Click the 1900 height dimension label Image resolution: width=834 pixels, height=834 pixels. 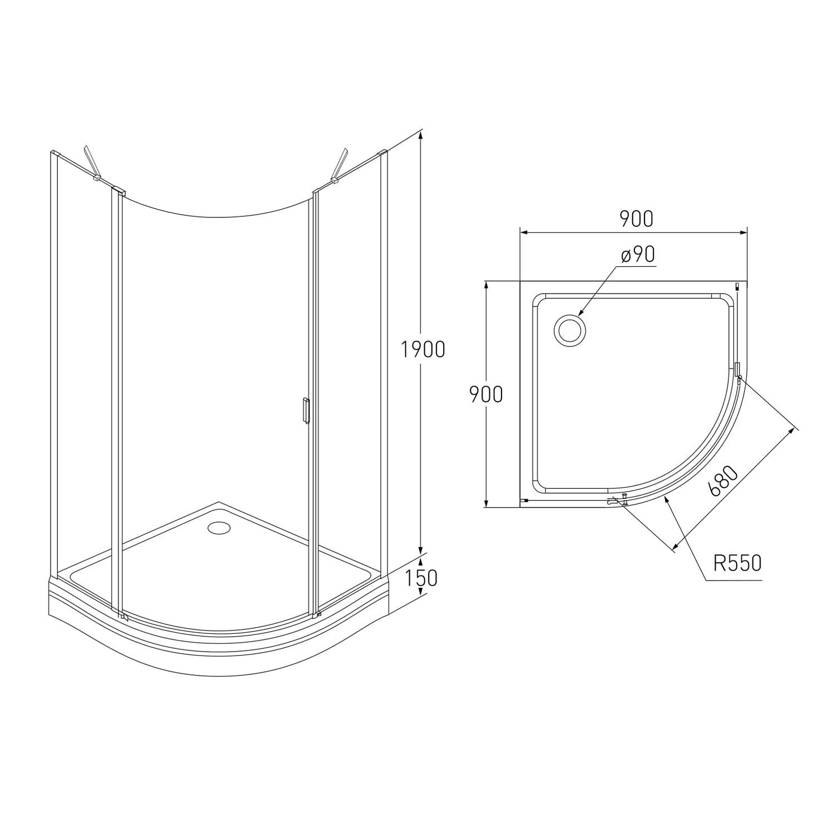click(x=423, y=349)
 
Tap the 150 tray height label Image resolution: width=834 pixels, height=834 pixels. click(x=421, y=578)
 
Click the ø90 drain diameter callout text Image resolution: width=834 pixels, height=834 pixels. click(x=639, y=255)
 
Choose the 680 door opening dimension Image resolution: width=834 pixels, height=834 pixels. click(x=723, y=481)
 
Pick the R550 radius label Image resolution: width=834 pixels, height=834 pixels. click(x=737, y=563)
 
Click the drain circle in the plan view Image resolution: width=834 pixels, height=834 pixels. click(x=570, y=331)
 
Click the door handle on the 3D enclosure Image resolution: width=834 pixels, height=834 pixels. click(x=305, y=411)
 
